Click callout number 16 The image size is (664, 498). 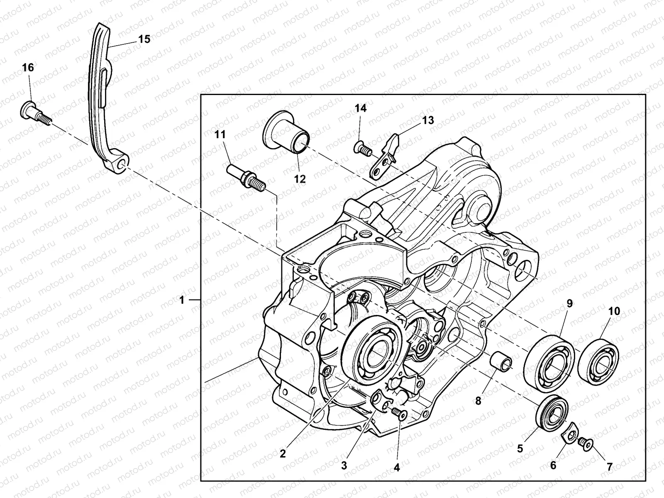point(28,68)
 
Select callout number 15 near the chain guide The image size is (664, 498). point(144,39)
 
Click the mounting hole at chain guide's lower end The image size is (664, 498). point(121,165)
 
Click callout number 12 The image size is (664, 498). point(300,179)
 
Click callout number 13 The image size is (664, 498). point(428,120)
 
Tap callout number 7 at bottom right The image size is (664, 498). point(609,466)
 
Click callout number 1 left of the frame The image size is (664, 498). point(182,300)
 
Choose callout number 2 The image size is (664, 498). point(283,454)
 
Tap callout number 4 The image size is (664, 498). point(396,467)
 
